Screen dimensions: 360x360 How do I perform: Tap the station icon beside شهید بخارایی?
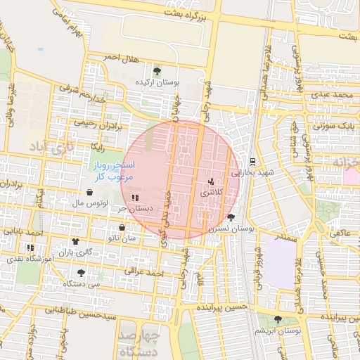252,161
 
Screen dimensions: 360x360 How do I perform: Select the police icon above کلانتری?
211,181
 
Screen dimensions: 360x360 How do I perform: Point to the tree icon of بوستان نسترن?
231,217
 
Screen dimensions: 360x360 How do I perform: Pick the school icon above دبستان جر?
135,198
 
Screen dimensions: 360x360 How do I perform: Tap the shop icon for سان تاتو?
122,228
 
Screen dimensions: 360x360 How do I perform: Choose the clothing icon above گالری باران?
75,241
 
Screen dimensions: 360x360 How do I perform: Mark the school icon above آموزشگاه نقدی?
30,247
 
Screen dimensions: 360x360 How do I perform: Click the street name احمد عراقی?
144,271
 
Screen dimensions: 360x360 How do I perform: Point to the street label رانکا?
98,146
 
